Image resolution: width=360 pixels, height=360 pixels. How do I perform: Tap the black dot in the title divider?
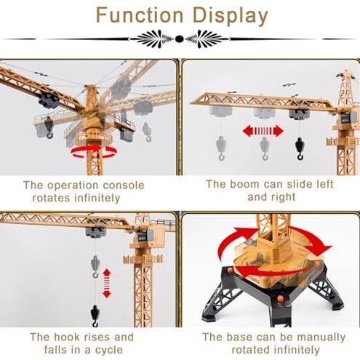tap(180, 39)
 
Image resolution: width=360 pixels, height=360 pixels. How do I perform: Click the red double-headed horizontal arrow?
tap(262, 132)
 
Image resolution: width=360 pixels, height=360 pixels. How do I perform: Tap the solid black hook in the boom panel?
tap(300, 148)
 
